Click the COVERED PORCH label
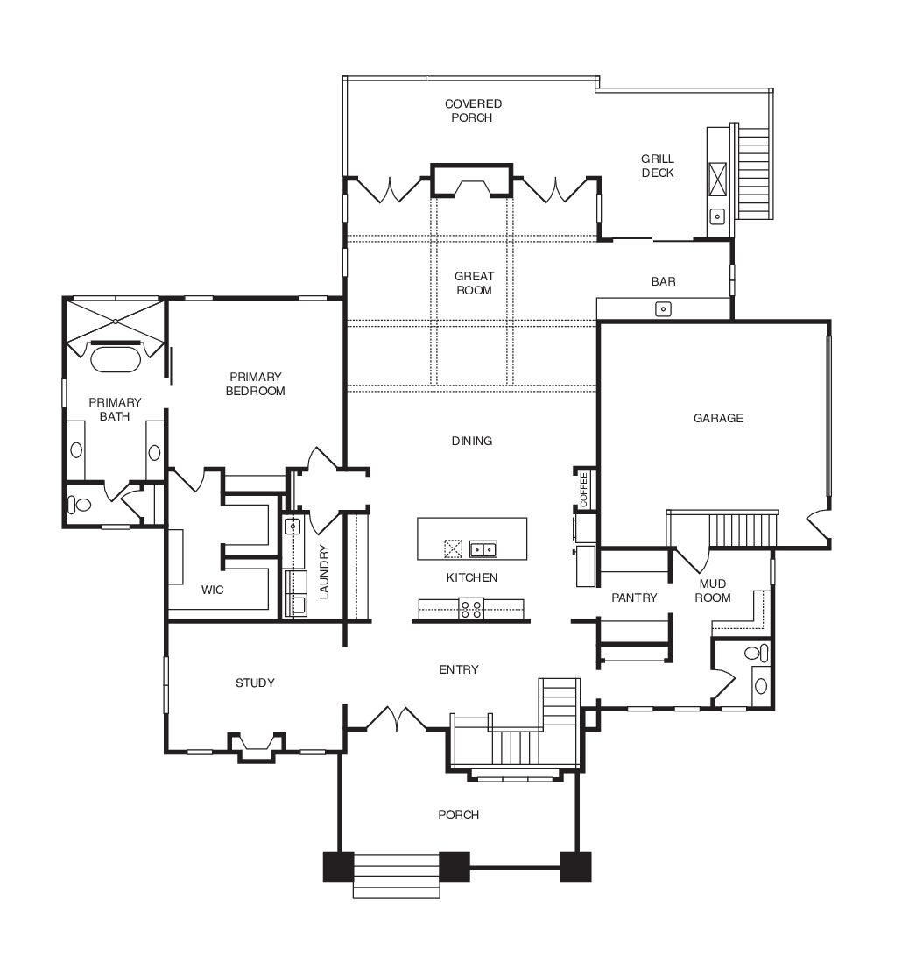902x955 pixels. [x=473, y=110]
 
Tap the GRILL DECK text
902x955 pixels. [x=658, y=166]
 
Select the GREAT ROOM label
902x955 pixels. [x=474, y=283]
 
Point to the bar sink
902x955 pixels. [x=663, y=309]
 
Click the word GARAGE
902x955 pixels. [x=718, y=418]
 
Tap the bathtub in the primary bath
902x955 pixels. [x=116, y=358]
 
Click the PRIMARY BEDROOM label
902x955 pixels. [x=256, y=384]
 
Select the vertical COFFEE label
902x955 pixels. [x=584, y=489]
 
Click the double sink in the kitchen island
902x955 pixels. [x=483, y=549]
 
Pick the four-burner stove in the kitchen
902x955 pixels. [x=471, y=608]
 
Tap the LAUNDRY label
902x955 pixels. [x=324, y=571]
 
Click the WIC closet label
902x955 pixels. [x=213, y=590]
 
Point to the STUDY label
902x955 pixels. [x=255, y=683]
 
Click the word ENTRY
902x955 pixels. [x=459, y=669]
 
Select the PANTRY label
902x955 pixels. [x=634, y=598]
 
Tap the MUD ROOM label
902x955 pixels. [x=713, y=591]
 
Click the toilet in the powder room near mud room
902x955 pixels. [x=757, y=654]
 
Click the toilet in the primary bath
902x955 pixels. [x=79, y=505]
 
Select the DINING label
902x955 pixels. [x=472, y=441]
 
